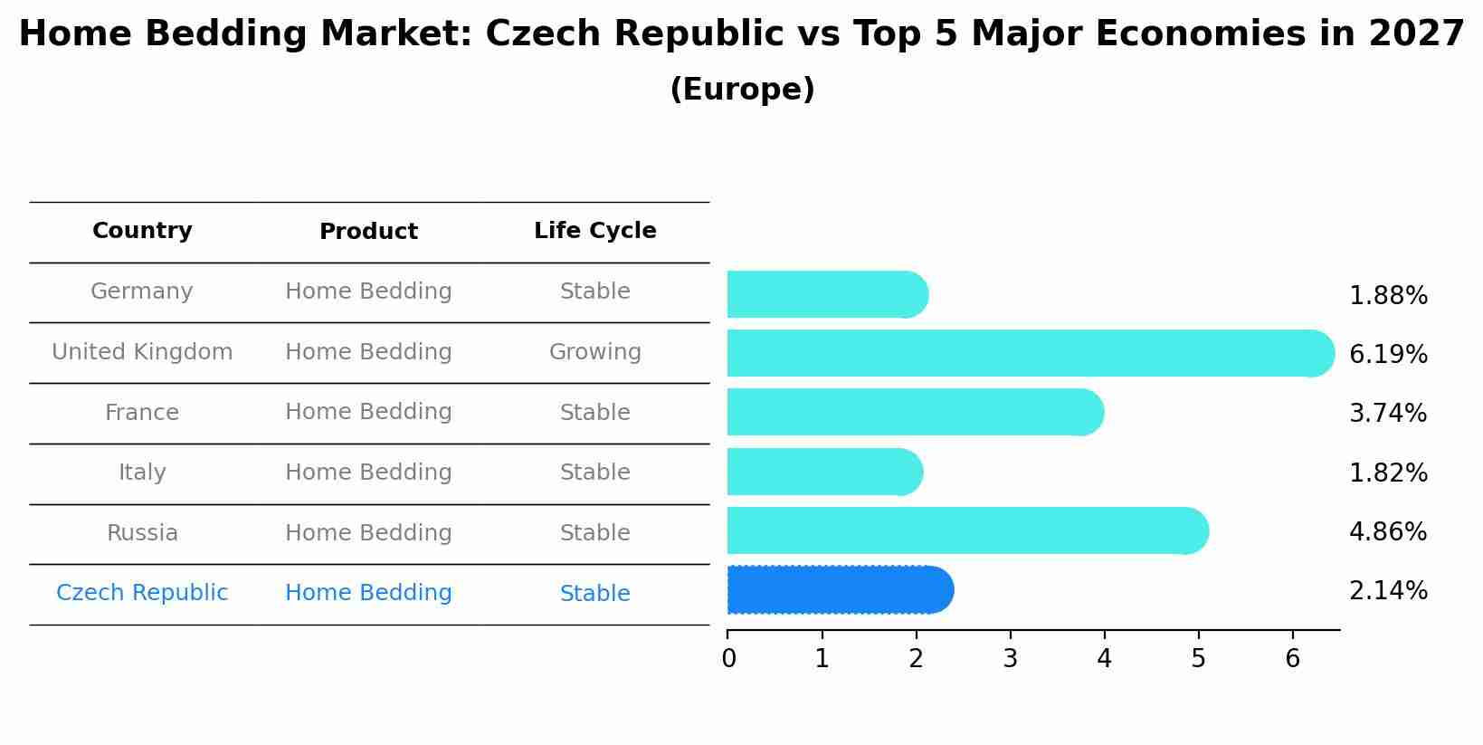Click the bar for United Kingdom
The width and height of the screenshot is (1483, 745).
coord(1030,353)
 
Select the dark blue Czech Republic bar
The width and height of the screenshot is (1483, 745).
coord(840,590)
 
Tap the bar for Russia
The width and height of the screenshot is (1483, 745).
coord(966,530)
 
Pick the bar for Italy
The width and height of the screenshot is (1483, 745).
coord(823,472)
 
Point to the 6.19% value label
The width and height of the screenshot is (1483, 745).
coord(1388,354)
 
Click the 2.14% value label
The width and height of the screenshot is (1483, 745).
coord(1388,591)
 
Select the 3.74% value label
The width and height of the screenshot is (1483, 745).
coord(1388,413)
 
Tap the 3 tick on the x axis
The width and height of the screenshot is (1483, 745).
coord(1010,659)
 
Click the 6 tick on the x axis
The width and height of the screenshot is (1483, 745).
coord(1292,659)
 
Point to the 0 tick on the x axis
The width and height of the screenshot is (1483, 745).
coord(728,659)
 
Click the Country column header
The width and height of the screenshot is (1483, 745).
coord(142,231)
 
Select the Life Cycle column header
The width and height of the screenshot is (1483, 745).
coord(594,231)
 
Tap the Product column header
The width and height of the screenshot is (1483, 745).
coord(368,232)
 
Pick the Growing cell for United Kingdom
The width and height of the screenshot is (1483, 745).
coord(594,352)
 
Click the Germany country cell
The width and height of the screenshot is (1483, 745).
coord(142,291)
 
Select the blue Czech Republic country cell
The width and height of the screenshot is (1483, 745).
coord(142,593)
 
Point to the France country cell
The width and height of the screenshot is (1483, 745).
coord(142,413)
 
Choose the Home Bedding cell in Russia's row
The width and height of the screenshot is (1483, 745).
coord(368,533)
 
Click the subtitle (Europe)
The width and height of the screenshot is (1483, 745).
coord(742,90)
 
